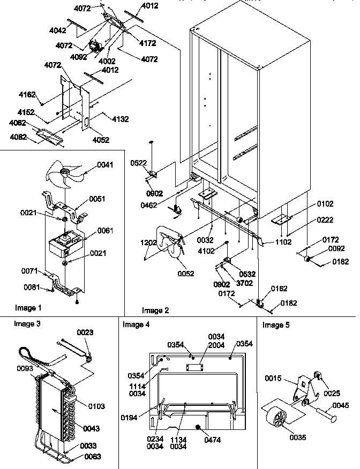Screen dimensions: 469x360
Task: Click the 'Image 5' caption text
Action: (x=276, y=325)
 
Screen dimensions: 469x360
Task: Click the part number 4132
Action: (x=120, y=119)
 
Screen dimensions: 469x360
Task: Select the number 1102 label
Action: (x=284, y=241)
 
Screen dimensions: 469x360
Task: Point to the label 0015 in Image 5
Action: (x=273, y=379)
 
